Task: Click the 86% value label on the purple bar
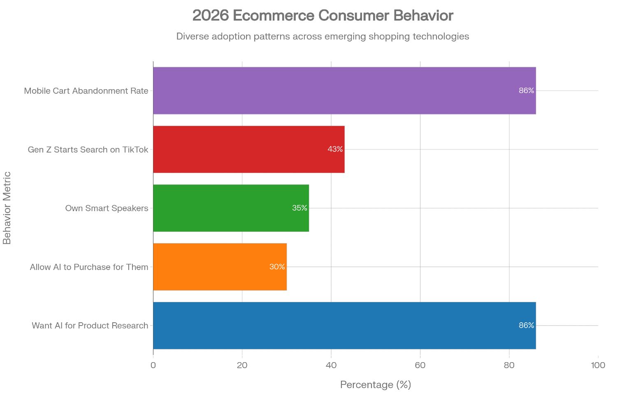click(526, 91)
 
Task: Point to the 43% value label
click(335, 149)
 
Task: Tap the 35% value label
click(299, 208)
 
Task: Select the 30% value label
click(277, 267)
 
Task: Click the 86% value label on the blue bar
click(526, 326)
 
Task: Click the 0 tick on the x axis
click(153, 365)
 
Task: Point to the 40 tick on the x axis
click(331, 365)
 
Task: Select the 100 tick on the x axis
click(598, 365)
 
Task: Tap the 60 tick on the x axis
click(420, 365)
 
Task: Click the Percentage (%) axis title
click(375, 385)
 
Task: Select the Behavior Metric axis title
click(7, 208)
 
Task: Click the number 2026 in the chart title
click(210, 16)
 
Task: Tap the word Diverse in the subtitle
click(193, 36)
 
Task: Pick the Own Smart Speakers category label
click(107, 208)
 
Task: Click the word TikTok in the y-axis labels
click(135, 149)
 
